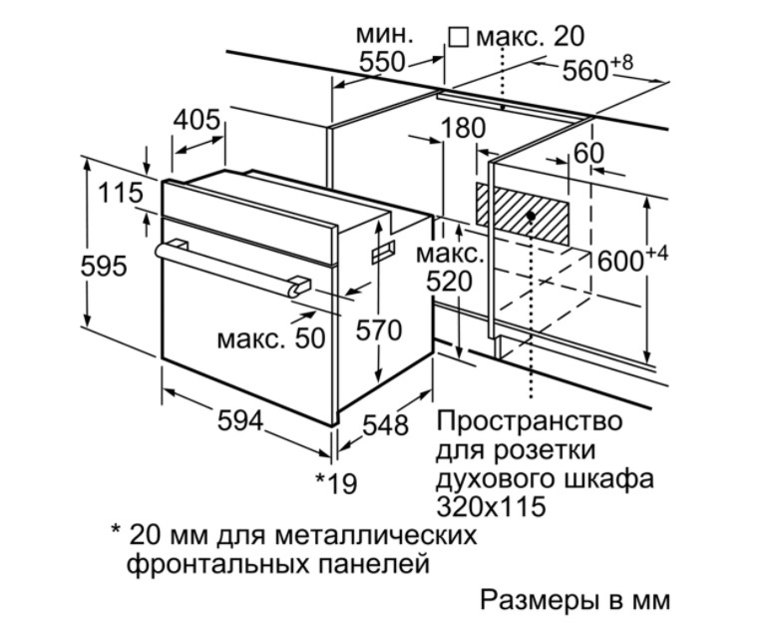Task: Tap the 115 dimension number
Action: coord(121,193)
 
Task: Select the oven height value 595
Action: coord(104,267)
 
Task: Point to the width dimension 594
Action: coord(240,421)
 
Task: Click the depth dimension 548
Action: coord(385,425)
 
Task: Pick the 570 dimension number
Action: coord(379,330)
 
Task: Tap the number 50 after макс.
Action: coord(310,338)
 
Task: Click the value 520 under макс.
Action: coord(450,282)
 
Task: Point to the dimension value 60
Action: coord(588,154)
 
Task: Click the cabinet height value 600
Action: coord(620,262)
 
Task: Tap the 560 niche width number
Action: coord(585,71)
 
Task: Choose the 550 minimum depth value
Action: coord(383,62)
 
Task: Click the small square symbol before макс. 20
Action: coord(459,37)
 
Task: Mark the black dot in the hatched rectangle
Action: coord(531,215)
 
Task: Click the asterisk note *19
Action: coord(336,483)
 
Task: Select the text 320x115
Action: coord(491,507)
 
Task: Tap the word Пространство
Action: coord(530,422)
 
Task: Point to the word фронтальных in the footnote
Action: coord(218,564)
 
